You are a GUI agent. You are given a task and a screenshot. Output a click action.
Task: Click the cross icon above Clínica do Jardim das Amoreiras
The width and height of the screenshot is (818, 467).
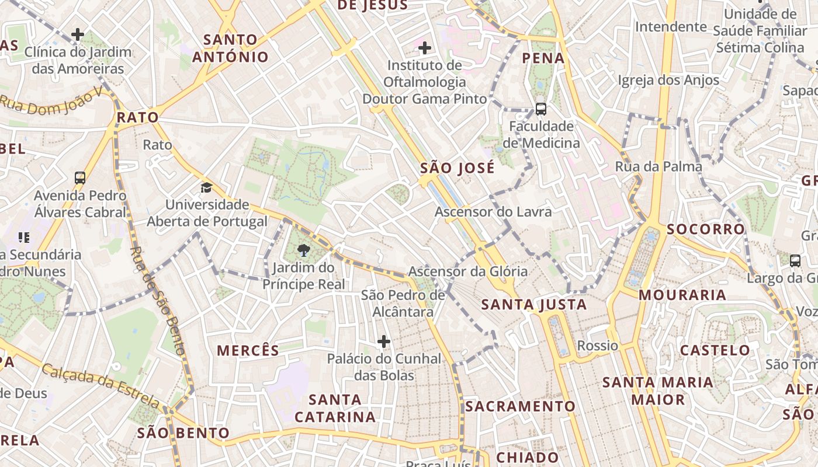[78, 35]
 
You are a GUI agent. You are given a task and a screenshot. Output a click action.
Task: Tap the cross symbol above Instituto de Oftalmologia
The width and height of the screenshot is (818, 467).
[425, 48]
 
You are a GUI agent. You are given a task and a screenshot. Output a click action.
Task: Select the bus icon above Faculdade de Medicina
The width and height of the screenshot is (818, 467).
[541, 109]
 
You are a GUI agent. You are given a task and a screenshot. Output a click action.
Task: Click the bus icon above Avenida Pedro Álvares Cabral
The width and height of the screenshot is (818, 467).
[80, 178]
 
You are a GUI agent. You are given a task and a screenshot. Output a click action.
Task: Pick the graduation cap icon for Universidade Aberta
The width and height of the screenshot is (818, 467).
[206, 187]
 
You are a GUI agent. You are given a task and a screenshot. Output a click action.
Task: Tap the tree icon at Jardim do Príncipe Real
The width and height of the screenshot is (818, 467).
[303, 251]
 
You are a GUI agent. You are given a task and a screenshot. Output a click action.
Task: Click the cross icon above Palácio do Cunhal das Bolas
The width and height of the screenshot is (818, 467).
[384, 341]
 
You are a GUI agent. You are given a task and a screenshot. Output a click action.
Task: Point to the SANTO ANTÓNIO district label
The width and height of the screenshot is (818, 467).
[230, 48]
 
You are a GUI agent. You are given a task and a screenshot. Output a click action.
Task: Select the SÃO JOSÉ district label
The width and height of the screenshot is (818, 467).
[457, 168]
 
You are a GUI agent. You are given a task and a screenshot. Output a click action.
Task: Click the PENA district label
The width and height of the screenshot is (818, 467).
[543, 58]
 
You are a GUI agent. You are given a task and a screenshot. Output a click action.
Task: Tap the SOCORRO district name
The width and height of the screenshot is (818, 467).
[706, 229]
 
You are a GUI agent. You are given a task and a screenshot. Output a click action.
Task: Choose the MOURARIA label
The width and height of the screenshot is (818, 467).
[682, 295]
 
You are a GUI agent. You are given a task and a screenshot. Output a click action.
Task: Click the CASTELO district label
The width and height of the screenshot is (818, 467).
[715, 350]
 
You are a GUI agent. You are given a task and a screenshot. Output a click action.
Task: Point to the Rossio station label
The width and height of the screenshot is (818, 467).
[597, 346]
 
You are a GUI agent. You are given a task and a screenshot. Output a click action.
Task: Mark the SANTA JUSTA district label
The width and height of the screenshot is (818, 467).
[533, 304]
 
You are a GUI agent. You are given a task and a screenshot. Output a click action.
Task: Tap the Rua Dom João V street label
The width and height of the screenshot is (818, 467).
[51, 99]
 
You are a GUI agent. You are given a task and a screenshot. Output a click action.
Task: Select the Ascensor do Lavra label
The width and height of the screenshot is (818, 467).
[493, 211]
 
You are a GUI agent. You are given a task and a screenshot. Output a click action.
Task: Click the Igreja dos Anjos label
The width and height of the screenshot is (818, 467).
[669, 80]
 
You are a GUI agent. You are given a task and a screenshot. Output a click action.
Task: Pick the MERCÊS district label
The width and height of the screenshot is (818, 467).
[248, 350]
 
